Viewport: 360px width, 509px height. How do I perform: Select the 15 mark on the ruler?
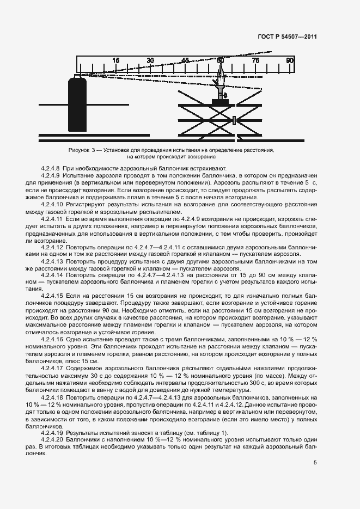(116, 60)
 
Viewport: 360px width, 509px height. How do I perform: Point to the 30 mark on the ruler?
(150, 60)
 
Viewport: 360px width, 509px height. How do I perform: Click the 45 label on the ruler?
(185, 60)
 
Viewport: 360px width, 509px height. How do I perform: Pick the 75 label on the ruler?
(255, 60)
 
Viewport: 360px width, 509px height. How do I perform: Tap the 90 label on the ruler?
(290, 60)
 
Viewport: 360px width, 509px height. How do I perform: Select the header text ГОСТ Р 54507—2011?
(287, 37)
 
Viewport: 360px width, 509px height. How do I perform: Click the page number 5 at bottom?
(315, 463)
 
